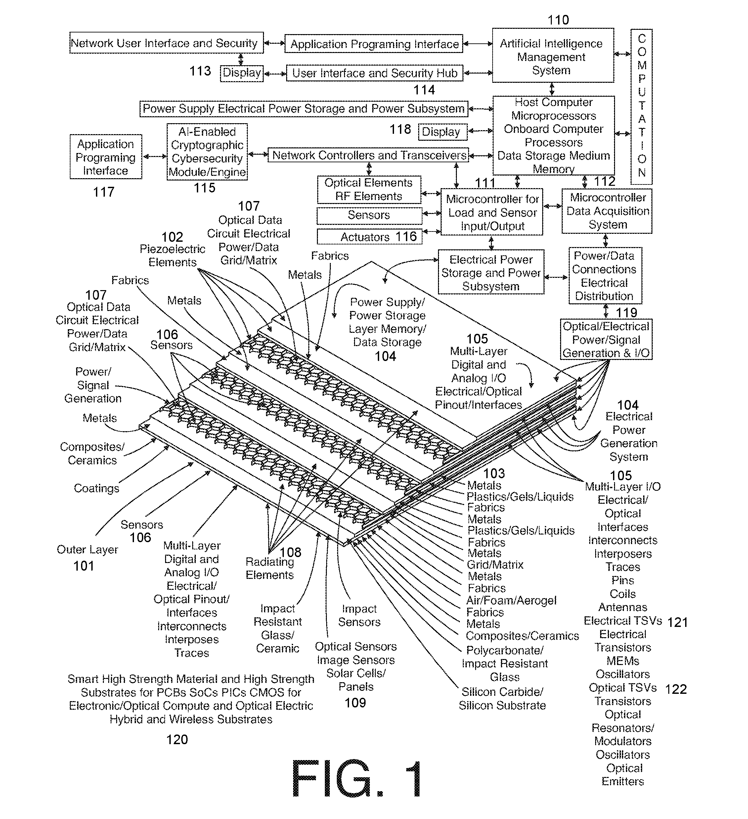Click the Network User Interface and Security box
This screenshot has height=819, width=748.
[166, 43]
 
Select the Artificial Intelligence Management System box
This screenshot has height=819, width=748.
[553, 55]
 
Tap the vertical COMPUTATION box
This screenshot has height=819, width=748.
[641, 106]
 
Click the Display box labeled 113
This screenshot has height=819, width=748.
[242, 73]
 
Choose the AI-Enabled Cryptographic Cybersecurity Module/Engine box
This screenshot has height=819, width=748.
[207, 152]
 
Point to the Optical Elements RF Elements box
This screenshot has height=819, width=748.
[369, 189]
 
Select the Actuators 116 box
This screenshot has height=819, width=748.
[369, 236]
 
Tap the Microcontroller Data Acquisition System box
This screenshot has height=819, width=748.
[607, 211]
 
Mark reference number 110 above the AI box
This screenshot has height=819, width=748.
[558, 20]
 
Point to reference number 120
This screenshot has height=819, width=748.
[177, 740]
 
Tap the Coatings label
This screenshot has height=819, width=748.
[97, 488]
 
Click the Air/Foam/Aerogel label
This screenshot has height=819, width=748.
[511, 600]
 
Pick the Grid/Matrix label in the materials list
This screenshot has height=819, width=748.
[495, 565]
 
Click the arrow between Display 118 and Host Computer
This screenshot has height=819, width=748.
[481, 131]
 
